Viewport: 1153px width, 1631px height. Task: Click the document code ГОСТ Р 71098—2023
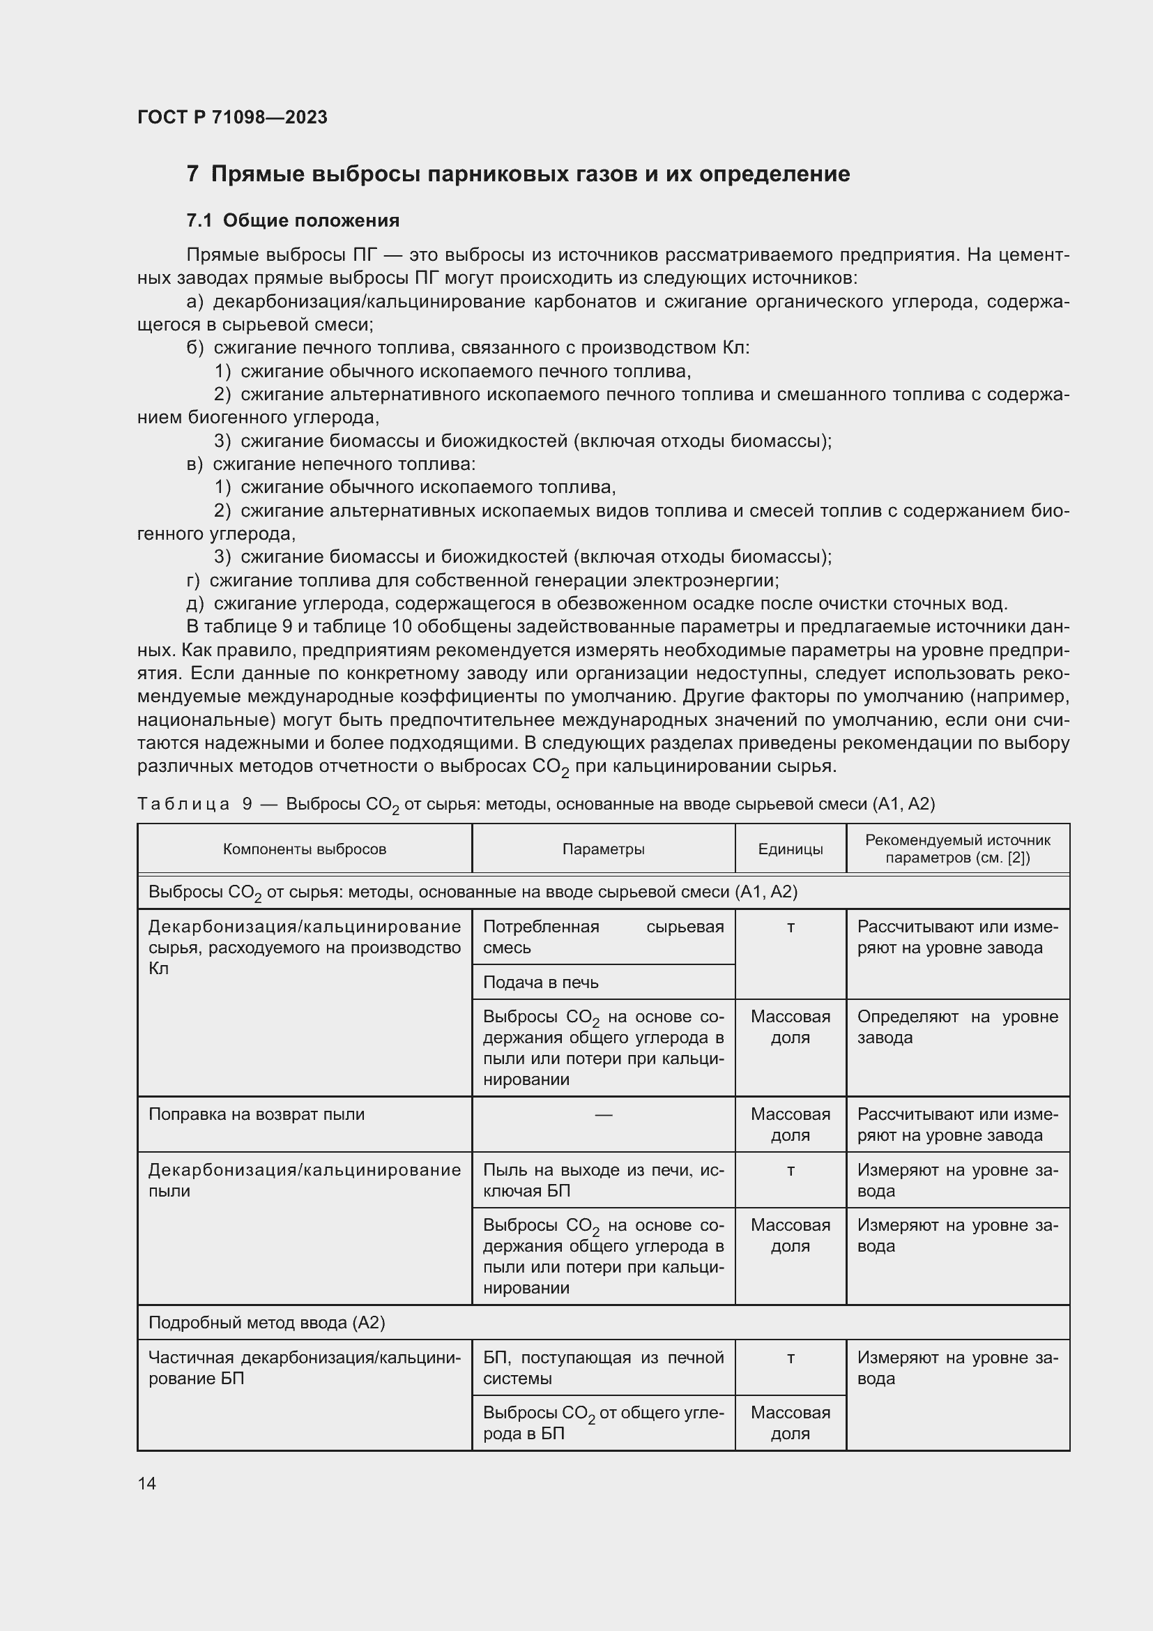(232, 117)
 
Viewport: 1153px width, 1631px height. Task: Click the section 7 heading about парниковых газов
(517, 174)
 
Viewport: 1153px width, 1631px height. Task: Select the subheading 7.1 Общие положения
(293, 221)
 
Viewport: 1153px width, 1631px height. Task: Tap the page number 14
(147, 1483)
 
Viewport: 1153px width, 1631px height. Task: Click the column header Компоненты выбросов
(305, 849)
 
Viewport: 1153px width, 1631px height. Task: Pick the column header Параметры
(604, 849)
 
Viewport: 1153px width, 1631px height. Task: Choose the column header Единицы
(791, 849)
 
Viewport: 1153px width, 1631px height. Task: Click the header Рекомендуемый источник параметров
(957, 849)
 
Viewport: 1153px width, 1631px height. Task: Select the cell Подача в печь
(541, 983)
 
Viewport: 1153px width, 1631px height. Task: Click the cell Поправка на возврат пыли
(257, 1114)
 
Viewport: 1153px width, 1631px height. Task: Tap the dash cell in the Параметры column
(604, 1114)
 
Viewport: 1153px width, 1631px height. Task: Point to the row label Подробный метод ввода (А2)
(266, 1323)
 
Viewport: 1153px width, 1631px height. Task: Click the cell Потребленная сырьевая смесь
(604, 937)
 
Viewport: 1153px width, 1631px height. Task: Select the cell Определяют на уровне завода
(957, 1026)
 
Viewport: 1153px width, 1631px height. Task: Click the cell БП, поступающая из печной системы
(604, 1367)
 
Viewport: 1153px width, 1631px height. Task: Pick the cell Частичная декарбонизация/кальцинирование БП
(305, 1367)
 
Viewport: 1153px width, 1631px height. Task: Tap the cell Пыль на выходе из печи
(604, 1180)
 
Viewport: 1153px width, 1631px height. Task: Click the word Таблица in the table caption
(183, 804)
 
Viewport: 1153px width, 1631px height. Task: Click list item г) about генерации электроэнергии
(483, 580)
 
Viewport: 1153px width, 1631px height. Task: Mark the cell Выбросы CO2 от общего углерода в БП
(604, 1423)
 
